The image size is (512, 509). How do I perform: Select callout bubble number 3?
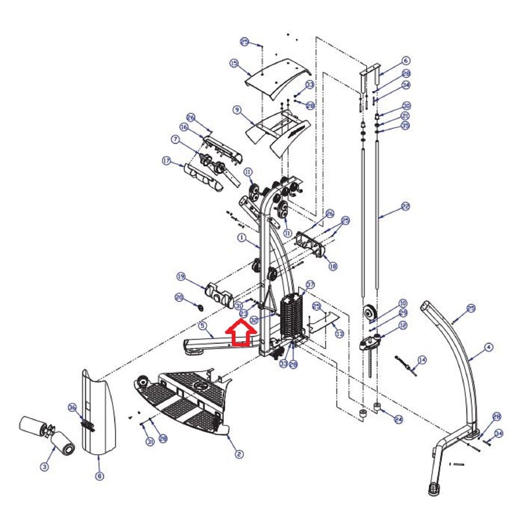coord(44,467)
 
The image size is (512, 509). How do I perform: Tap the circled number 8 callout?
coord(99,476)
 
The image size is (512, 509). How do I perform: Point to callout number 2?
coord(239,454)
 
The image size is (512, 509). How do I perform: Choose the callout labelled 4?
coord(488,347)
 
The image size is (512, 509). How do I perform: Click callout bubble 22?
coord(405,206)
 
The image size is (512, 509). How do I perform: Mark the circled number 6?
coord(406,61)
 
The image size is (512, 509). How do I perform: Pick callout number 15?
coord(234,63)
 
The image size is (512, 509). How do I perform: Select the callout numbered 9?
coord(237,110)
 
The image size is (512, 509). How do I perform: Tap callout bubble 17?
coord(166,161)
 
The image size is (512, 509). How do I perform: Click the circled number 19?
coord(181,277)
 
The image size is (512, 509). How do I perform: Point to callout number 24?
coord(398,419)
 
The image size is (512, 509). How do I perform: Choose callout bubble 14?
coord(422,360)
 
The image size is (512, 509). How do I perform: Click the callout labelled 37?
coord(310,284)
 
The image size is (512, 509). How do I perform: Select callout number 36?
coord(72,408)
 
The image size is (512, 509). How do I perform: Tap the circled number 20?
coord(179,298)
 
